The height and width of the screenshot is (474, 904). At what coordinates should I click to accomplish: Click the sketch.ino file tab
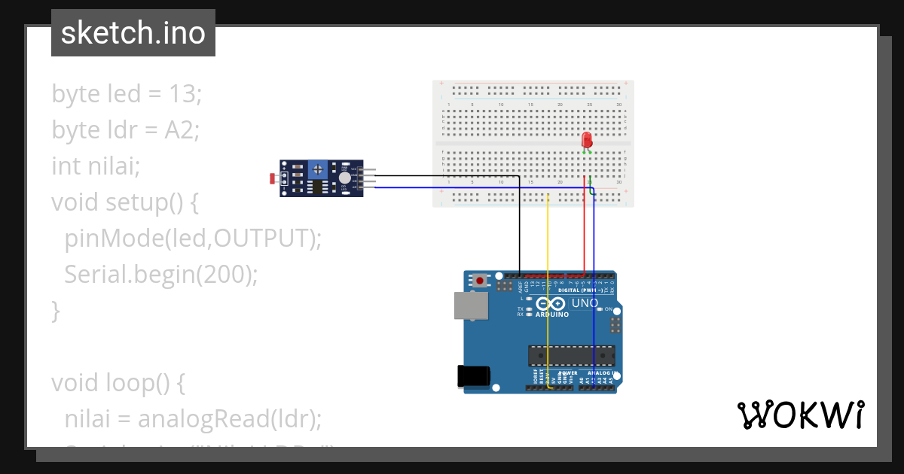(133, 33)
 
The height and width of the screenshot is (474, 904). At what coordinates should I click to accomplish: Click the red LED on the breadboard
(587, 140)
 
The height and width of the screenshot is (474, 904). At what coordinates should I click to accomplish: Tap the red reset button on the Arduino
(480, 281)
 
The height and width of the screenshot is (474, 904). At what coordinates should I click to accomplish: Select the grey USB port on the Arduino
(471, 305)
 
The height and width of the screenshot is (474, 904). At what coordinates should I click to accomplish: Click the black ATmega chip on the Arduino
(571, 354)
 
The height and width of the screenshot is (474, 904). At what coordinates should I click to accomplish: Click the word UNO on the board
(585, 303)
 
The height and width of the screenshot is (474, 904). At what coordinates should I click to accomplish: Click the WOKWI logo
(800, 415)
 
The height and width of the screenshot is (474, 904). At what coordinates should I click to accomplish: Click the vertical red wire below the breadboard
(584, 233)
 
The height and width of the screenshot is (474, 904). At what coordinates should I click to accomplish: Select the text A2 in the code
(181, 130)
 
